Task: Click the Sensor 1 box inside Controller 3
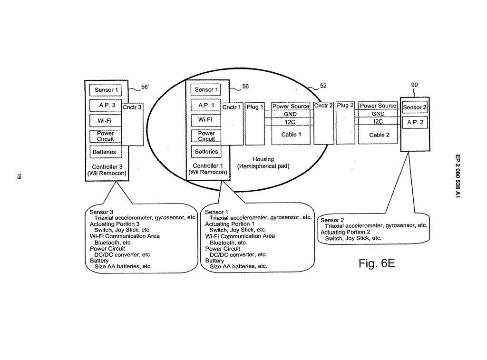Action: click(x=106, y=90)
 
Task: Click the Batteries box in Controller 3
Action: click(x=105, y=152)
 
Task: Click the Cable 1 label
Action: click(x=291, y=135)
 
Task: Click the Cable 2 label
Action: click(x=379, y=135)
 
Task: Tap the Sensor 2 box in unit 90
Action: click(x=415, y=107)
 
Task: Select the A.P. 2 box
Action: click(x=415, y=122)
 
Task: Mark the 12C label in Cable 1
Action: click(x=290, y=122)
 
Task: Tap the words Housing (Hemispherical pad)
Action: click(x=263, y=163)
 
